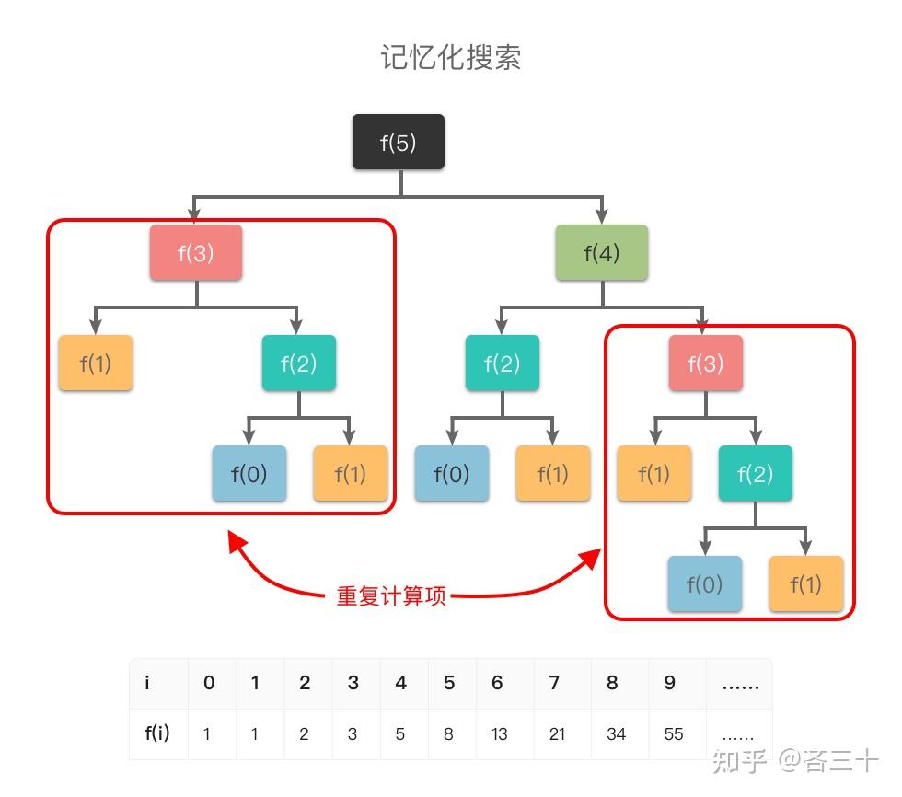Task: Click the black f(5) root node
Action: [x=399, y=142]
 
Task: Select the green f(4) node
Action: [x=602, y=252]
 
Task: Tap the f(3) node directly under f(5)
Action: [x=196, y=252]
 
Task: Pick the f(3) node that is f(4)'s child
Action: [x=706, y=363]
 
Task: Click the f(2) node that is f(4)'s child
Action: [x=502, y=363]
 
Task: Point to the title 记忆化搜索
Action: [x=451, y=57]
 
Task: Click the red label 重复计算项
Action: [x=391, y=595]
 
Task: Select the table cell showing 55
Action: [x=674, y=733]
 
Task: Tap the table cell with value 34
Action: [x=617, y=733]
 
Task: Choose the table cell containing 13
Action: [x=500, y=733]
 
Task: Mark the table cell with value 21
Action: [x=557, y=733]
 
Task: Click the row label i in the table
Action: [x=147, y=683]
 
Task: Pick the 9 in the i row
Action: [x=669, y=683]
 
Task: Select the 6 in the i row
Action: [x=497, y=683]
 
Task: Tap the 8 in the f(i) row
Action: [x=448, y=733]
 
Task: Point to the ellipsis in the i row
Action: [x=740, y=683]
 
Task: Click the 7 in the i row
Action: [x=554, y=683]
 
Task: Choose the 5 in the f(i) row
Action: [x=400, y=733]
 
